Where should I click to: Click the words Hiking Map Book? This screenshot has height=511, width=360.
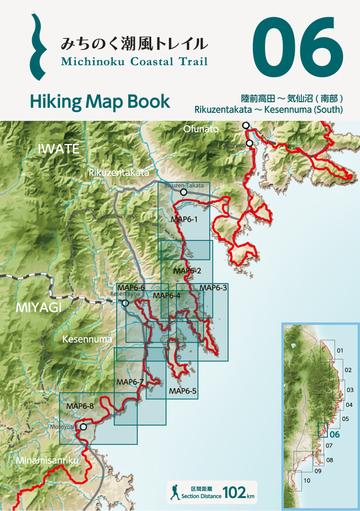click(x=85, y=102)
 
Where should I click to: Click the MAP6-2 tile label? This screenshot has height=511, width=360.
click(x=187, y=271)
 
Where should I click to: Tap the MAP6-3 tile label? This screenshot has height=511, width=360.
click(x=214, y=288)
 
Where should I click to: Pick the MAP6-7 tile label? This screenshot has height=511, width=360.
click(x=130, y=382)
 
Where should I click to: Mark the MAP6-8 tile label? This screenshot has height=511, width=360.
click(x=79, y=405)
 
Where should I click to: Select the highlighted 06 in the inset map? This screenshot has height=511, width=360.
click(x=335, y=434)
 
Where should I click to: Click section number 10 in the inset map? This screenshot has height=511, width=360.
click(x=308, y=480)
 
